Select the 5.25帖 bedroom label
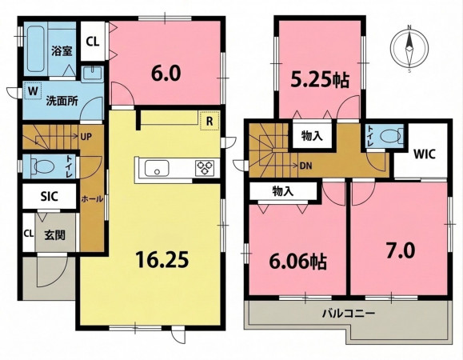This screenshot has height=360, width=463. (320, 80)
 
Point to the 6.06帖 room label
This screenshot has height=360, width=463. (298, 262)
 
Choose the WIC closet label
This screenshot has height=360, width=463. (424, 154)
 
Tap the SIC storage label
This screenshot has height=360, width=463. (50, 196)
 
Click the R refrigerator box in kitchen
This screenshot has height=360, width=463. (210, 121)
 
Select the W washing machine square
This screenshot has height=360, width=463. (33, 90)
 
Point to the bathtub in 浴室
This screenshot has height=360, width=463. (36, 50)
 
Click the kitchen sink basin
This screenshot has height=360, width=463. (157, 169)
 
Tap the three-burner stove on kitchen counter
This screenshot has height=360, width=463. (205, 168)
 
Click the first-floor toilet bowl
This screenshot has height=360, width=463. (44, 166)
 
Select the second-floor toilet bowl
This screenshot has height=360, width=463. (392, 136)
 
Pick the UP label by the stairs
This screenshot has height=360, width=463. (86, 137)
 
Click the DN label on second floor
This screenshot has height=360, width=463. (305, 166)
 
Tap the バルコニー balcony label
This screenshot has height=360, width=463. (349, 313)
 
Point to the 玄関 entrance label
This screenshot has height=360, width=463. (54, 235)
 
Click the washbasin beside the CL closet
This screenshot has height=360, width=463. (92, 74)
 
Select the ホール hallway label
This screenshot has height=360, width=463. (92, 198)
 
